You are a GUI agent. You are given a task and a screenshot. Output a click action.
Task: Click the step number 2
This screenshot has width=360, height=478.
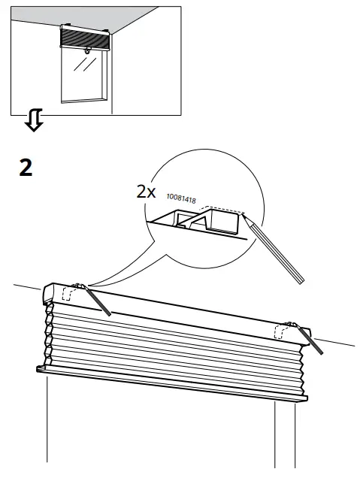point(26,167)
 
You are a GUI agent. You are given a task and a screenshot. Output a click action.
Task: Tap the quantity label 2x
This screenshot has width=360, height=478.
point(146,191)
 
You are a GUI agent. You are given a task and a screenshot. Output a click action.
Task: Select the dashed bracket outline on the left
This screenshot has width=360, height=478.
point(69,293)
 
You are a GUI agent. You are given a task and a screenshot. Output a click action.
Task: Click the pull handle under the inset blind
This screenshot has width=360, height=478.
point(89,52)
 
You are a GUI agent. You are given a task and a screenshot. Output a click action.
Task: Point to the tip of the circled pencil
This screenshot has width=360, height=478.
point(244,213)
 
